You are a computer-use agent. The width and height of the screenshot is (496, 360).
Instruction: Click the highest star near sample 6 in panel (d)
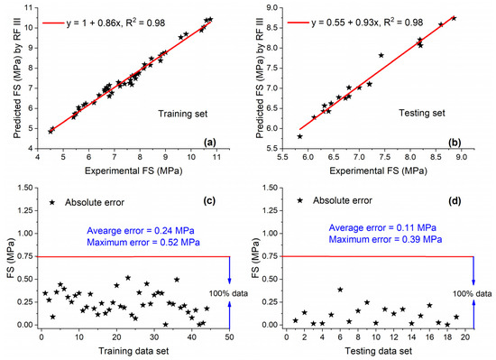tap(340, 290)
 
